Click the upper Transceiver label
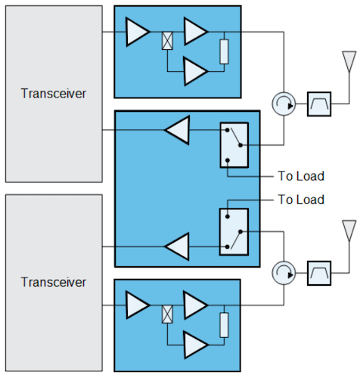(x=54, y=94)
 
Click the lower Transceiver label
(x=54, y=282)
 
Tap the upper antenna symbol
(x=349, y=61)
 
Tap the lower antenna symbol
(x=349, y=231)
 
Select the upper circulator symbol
(x=284, y=104)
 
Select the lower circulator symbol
(x=284, y=273)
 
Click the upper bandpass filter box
(x=319, y=104)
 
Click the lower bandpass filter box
(x=319, y=273)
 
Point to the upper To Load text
(x=301, y=176)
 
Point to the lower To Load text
(x=301, y=200)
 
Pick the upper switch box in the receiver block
(x=234, y=145)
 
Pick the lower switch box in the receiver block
(x=234, y=232)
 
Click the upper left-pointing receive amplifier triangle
(x=177, y=130)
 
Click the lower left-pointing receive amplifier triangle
(x=177, y=246)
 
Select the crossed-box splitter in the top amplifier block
(x=167, y=41)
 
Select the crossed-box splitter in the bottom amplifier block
(x=167, y=314)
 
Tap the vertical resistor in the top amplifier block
(x=224, y=51)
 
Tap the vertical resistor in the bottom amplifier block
(x=224, y=325)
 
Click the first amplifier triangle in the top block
(x=138, y=32)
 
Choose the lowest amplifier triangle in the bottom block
(x=196, y=345)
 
